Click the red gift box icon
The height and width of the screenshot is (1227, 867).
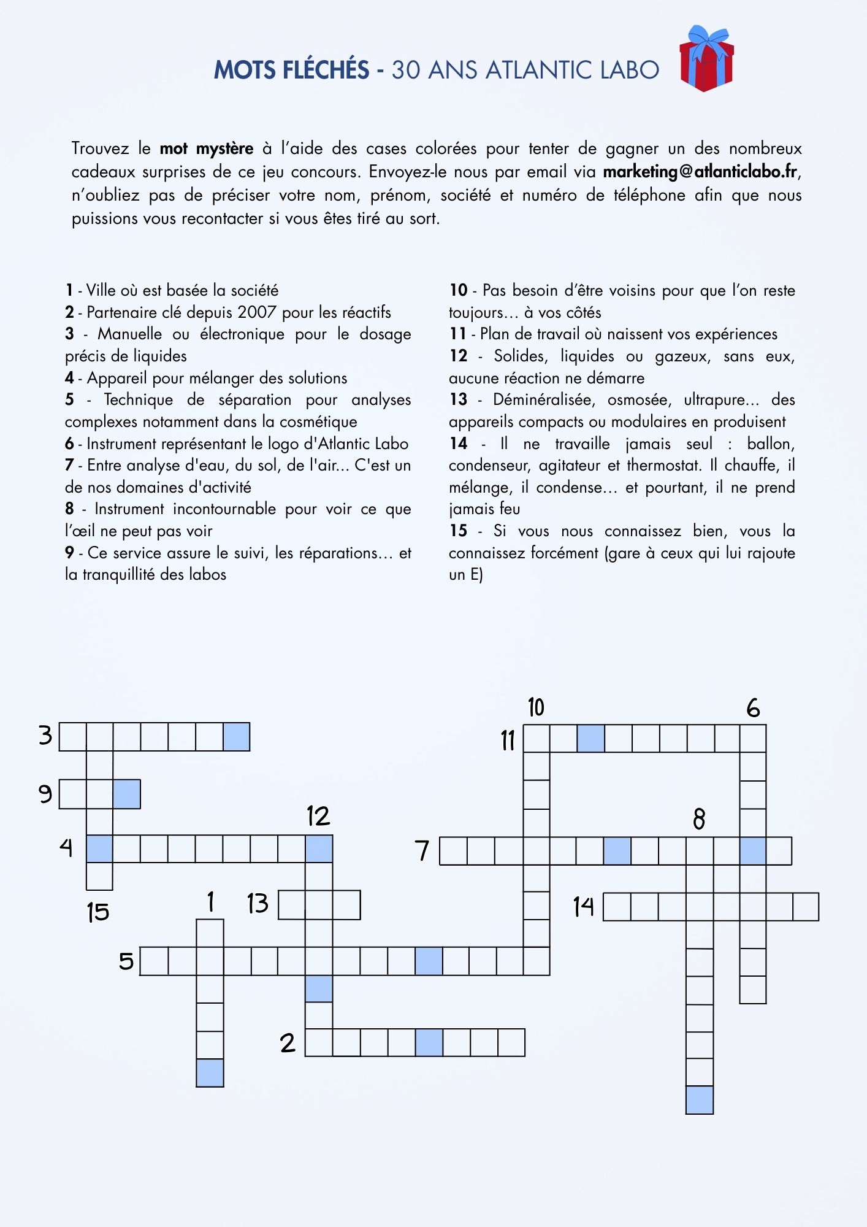706,60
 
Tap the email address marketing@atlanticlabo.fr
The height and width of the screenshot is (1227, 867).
701,172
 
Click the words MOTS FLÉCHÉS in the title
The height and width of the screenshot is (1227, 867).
291,70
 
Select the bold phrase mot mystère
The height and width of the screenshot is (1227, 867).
207,148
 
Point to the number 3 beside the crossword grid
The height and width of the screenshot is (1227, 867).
45,735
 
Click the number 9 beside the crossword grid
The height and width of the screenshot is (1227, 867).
45,794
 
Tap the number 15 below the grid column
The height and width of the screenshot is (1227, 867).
98,912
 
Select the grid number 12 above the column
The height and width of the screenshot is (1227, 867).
318,817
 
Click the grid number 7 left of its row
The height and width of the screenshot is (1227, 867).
422,851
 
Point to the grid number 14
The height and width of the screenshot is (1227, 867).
584,906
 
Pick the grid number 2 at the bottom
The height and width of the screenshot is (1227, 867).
288,1043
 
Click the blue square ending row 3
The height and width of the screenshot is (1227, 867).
237,737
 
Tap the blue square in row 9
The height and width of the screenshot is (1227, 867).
127,794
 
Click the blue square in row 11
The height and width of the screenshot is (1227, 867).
590,738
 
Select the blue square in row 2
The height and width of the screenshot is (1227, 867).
429,1042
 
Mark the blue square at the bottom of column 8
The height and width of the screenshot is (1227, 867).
700,1100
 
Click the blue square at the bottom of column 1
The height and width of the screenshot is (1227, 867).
210,1073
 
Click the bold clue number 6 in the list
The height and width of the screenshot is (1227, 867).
69,444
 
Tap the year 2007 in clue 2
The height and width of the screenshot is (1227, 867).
257,312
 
